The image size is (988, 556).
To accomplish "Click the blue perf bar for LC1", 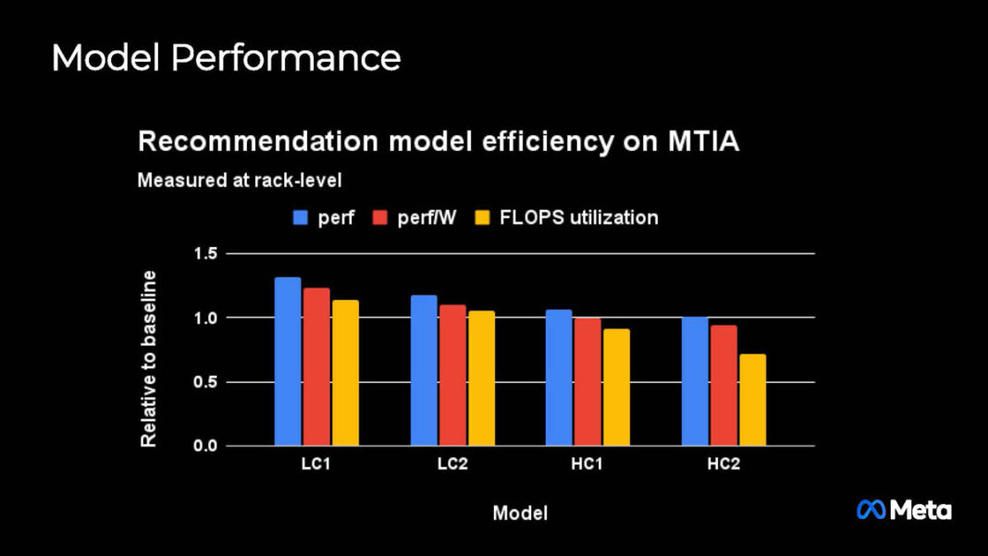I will point(288,362).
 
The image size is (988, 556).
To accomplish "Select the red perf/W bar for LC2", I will point(452,376).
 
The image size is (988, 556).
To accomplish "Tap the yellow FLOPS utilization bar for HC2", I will point(752,400).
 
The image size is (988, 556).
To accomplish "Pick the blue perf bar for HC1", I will point(559,377).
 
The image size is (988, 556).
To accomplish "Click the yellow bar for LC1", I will point(345,373).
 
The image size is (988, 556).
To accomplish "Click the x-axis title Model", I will point(519,513).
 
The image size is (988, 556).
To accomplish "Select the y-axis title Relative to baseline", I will point(148,359).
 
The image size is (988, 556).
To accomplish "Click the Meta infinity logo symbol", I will point(871,509).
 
